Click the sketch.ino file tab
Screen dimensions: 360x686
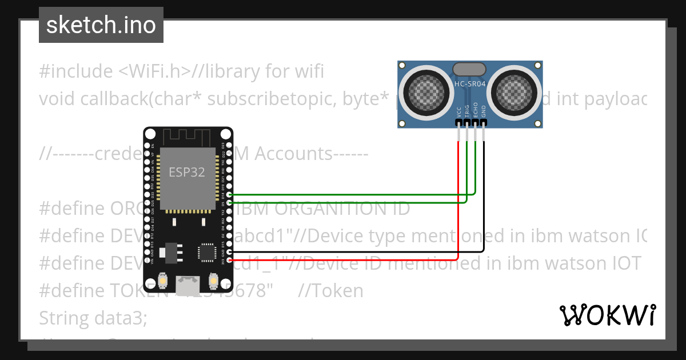coord(101,25)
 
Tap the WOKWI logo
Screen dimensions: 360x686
coord(607,315)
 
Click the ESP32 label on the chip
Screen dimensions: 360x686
coord(186,172)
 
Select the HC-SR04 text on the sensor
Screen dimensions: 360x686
coord(469,84)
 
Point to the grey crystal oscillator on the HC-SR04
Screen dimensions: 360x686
coord(469,70)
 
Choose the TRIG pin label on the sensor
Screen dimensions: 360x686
coord(467,113)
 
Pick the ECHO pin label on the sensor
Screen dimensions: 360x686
coord(476,113)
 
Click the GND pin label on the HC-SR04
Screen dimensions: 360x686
coord(484,113)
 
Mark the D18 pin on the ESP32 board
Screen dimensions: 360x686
coord(229,194)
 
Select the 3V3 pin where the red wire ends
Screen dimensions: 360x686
coord(229,261)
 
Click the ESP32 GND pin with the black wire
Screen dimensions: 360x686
coord(229,252)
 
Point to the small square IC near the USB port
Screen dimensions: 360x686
coord(205,252)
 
